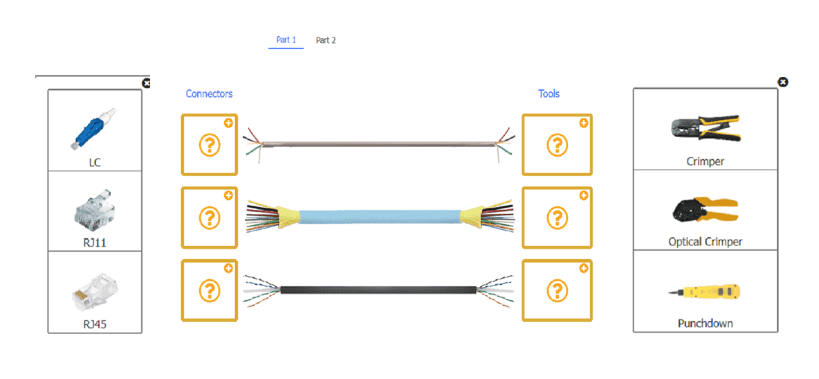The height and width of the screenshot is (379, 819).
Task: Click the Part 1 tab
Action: (286, 40)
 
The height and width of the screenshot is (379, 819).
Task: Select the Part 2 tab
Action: (326, 40)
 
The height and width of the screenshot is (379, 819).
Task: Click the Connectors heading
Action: (209, 94)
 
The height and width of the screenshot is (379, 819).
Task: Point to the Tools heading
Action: (549, 94)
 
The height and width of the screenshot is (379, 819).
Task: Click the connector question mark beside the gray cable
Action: (210, 145)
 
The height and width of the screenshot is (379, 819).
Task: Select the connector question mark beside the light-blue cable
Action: (210, 218)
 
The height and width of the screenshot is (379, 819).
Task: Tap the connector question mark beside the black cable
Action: (210, 290)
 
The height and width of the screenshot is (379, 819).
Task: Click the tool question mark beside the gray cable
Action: (557, 145)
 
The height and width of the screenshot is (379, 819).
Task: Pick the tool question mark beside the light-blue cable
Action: (557, 218)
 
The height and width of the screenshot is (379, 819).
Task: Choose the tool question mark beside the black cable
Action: (557, 290)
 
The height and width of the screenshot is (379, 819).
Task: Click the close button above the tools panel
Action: (782, 82)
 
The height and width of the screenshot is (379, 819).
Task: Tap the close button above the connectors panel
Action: (146, 83)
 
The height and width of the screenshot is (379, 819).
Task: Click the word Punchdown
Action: (705, 324)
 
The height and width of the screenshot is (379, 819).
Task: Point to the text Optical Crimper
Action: (705, 242)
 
